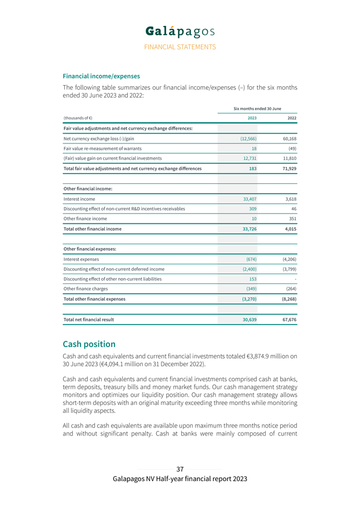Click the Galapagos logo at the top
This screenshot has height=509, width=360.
180,30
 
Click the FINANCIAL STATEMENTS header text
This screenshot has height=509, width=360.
180,47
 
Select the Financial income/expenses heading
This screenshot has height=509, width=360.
101,76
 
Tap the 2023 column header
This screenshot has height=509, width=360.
252,118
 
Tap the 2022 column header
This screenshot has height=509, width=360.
292,118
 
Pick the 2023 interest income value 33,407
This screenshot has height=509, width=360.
247,198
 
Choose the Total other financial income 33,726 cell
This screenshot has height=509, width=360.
247,228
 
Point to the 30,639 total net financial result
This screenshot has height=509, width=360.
247,319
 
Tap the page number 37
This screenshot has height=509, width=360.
180,469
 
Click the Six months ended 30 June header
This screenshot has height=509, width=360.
257,108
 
